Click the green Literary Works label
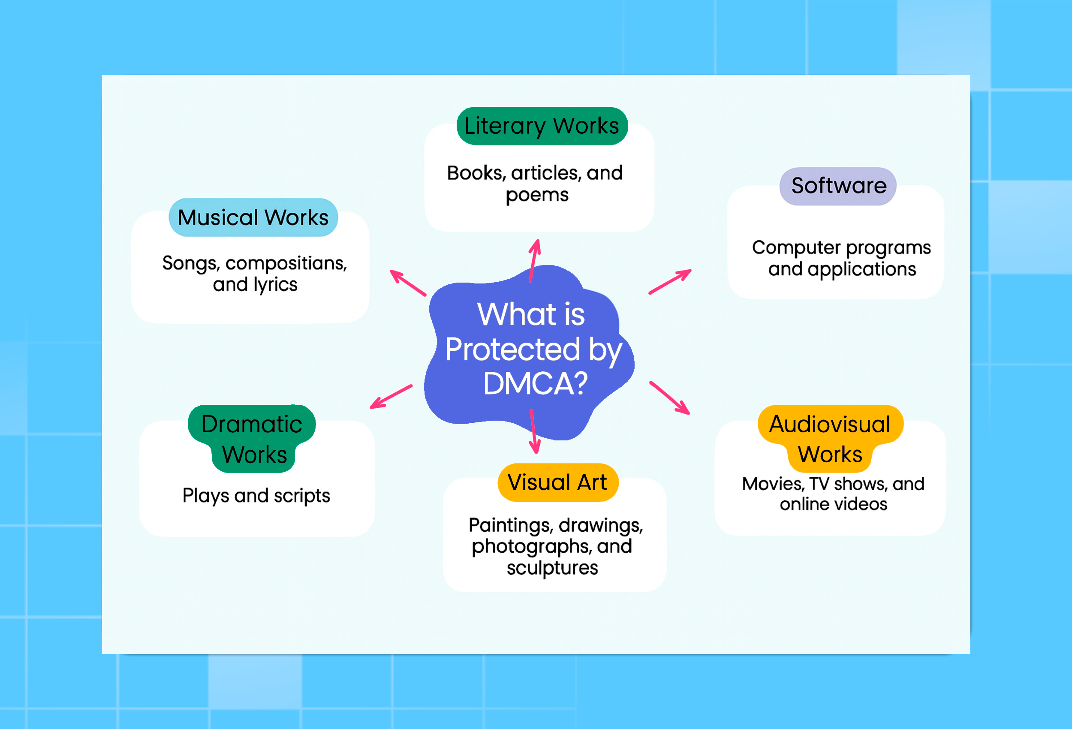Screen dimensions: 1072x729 tap(542, 126)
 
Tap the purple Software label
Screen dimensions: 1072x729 tap(838, 186)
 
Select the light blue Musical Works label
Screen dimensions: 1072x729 tap(253, 217)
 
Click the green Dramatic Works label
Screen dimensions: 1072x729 tap(252, 439)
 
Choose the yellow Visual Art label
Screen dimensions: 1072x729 tap(558, 482)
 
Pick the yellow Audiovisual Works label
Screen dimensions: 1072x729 tap(830, 439)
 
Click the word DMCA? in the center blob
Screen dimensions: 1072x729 tap(535, 384)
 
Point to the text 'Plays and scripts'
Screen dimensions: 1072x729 tap(256, 496)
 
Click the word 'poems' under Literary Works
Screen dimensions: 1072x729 tap(537, 195)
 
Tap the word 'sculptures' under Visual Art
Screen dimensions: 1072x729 tap(552, 568)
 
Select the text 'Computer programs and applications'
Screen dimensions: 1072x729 tap(841, 259)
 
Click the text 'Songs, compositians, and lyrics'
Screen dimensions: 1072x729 tap(255, 274)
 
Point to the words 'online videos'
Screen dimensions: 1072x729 tap(834, 504)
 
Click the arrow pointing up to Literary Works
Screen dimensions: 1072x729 tap(534, 261)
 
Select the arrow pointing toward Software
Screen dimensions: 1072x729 tap(670, 281)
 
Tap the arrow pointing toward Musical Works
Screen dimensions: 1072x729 tap(408, 283)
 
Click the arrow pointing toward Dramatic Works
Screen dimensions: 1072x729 tap(391, 397)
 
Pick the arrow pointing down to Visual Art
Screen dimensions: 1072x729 tap(534, 431)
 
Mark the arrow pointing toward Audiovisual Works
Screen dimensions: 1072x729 tap(670, 398)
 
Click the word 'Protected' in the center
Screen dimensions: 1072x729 tap(512, 349)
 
